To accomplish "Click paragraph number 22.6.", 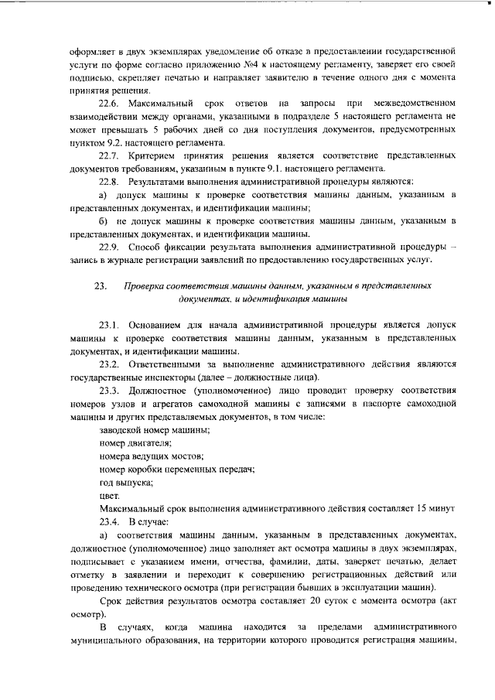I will click(111, 102).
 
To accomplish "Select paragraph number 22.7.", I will click(111, 155).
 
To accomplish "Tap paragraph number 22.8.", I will click(111, 181).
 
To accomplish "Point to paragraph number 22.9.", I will click(111, 247).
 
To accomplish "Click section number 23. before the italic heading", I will click(100, 286).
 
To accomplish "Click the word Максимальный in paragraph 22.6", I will click(169, 102).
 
